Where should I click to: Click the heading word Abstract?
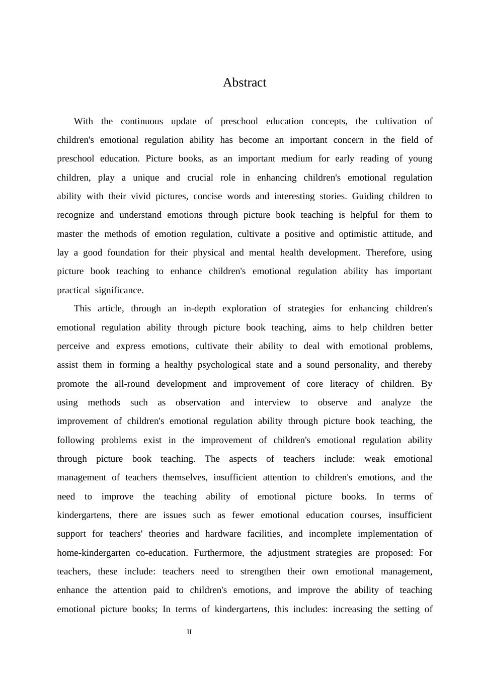point(245,82)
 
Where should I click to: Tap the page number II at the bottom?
point(189,632)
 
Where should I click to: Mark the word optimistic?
point(361,234)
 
